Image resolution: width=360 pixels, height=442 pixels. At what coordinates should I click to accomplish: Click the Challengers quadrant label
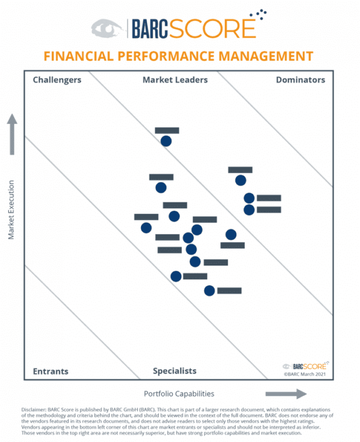(57, 79)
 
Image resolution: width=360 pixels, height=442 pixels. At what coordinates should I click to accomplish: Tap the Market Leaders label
(175, 79)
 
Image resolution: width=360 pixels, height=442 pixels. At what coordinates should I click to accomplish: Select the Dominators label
(301, 79)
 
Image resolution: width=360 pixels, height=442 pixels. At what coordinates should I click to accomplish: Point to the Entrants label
(50, 371)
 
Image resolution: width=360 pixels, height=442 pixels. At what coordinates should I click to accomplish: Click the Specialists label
(175, 371)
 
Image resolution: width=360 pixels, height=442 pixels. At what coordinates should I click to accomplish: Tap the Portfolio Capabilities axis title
(179, 394)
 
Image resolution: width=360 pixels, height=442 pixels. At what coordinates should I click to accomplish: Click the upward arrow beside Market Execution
(12, 135)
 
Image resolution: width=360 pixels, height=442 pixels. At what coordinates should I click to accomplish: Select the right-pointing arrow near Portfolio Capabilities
(286, 394)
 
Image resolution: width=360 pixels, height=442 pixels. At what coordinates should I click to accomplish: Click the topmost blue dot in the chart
(166, 141)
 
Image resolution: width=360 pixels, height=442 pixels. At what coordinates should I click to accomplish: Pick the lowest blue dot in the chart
(209, 291)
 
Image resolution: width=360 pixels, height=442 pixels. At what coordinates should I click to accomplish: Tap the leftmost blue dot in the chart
(146, 228)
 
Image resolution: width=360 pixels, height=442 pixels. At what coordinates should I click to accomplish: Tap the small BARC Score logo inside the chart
(305, 365)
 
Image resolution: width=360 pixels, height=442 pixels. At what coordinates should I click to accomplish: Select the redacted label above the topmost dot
(167, 130)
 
